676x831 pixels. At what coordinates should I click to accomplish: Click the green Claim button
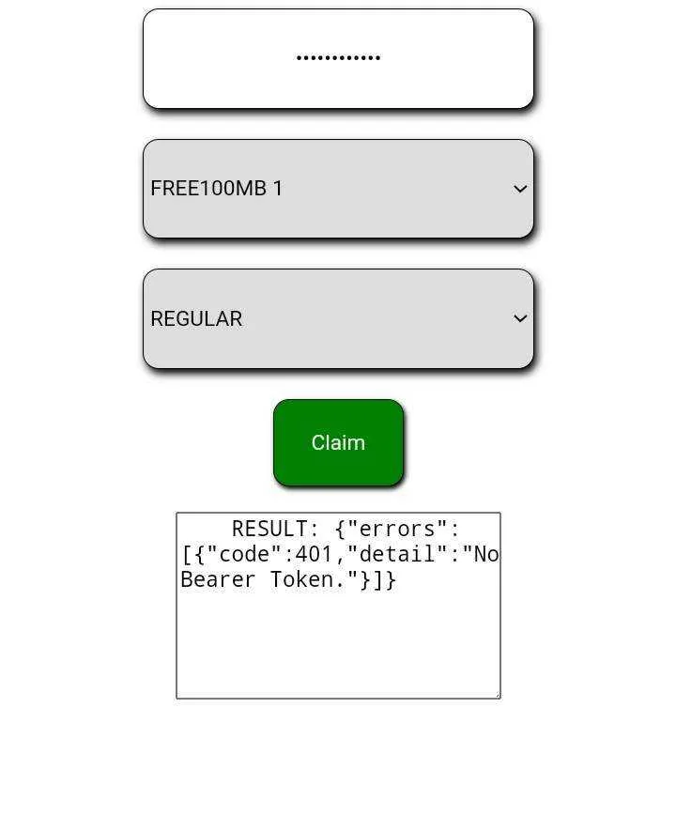click(338, 442)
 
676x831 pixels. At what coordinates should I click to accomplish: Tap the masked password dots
click(338, 57)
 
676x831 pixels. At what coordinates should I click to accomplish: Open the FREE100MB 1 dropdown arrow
click(520, 189)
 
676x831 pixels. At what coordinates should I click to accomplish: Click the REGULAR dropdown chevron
click(520, 318)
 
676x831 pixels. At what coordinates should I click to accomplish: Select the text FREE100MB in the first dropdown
click(208, 188)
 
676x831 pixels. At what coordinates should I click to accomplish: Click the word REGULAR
click(196, 318)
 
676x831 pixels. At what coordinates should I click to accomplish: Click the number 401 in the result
click(314, 554)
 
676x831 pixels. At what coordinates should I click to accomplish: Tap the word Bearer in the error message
click(218, 579)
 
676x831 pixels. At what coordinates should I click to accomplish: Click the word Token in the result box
click(301, 579)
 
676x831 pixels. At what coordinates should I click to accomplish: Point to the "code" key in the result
click(244, 554)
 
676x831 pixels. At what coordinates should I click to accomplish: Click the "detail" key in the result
click(397, 554)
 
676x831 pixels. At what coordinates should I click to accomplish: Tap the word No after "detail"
click(486, 554)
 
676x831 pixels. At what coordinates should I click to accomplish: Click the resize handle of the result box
click(497, 695)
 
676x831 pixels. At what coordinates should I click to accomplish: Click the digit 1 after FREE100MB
click(278, 188)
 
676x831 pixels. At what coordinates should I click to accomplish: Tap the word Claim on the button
click(338, 442)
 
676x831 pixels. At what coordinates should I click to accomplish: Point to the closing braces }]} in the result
click(377, 580)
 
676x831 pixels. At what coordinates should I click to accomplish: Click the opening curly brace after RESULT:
click(340, 530)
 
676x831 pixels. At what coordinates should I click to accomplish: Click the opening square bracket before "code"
click(187, 555)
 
